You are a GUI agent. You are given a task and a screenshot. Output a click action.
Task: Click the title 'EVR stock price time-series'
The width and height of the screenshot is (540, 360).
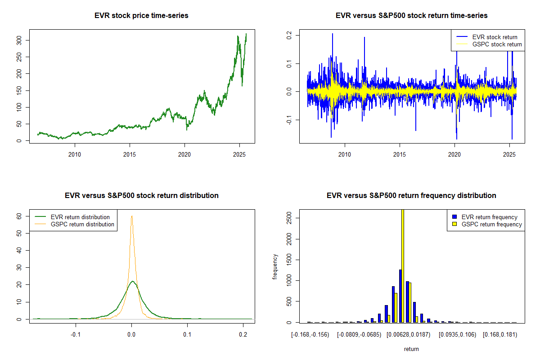(x=141, y=16)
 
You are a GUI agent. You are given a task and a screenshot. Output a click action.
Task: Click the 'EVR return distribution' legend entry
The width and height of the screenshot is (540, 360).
(x=80, y=217)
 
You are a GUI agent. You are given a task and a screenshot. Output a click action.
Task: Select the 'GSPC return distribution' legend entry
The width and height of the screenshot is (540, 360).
(x=82, y=224)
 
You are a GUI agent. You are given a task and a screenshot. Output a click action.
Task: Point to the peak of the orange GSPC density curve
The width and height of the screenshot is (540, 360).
(x=132, y=216)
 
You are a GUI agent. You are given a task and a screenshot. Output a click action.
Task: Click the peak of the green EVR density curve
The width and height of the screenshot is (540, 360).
(x=132, y=281)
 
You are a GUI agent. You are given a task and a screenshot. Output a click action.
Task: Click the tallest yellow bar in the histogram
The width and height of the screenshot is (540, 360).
(x=402, y=265)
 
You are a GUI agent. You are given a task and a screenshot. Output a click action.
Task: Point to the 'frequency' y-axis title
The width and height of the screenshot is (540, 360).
(x=275, y=266)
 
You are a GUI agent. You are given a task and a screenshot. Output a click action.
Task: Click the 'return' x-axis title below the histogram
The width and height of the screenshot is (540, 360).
(x=411, y=349)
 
